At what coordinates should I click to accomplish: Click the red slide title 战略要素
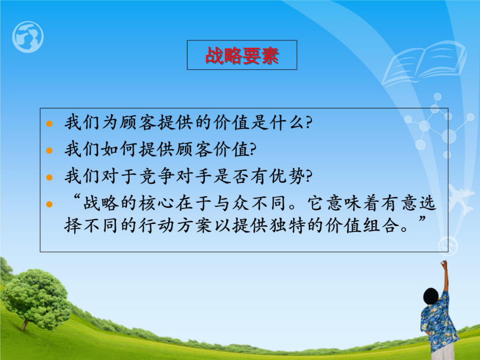coord(242,55)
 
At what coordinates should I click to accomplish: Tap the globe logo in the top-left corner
coord(28,37)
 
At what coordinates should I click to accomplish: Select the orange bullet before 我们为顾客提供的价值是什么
coord(49,124)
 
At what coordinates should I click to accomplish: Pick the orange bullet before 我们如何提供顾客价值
coord(49,150)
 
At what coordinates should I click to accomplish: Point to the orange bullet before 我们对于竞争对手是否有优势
coord(49,177)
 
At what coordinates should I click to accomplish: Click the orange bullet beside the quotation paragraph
coord(49,204)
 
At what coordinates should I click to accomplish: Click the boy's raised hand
coord(444,263)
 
